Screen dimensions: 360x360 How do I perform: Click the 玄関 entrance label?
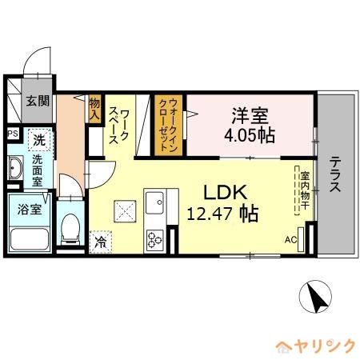tap(38, 101)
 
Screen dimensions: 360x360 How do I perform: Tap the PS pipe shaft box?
tap(13, 134)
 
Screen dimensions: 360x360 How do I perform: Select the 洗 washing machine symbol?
tap(39, 140)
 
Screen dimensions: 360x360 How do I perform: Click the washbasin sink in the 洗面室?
tap(15, 168)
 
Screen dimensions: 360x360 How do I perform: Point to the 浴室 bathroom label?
tap(30, 210)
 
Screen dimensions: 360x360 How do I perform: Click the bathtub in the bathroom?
tap(30, 238)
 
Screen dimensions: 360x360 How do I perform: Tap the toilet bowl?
tap(70, 230)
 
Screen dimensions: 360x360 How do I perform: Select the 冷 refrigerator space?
tap(101, 242)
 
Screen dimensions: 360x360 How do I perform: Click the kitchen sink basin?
tap(154, 202)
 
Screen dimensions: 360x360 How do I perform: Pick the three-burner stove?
tap(154, 239)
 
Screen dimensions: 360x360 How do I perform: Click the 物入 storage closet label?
tap(94, 109)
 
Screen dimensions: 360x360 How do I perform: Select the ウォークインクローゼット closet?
tap(169, 125)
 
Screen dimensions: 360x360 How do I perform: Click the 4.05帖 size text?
tap(250, 135)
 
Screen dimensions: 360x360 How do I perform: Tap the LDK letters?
tap(226, 193)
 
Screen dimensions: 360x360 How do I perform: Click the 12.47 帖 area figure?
tap(222, 214)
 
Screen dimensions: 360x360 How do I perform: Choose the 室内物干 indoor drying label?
tap(305, 190)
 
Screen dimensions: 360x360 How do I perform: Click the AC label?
tap(290, 240)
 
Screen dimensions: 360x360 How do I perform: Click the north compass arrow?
tap(316, 297)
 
